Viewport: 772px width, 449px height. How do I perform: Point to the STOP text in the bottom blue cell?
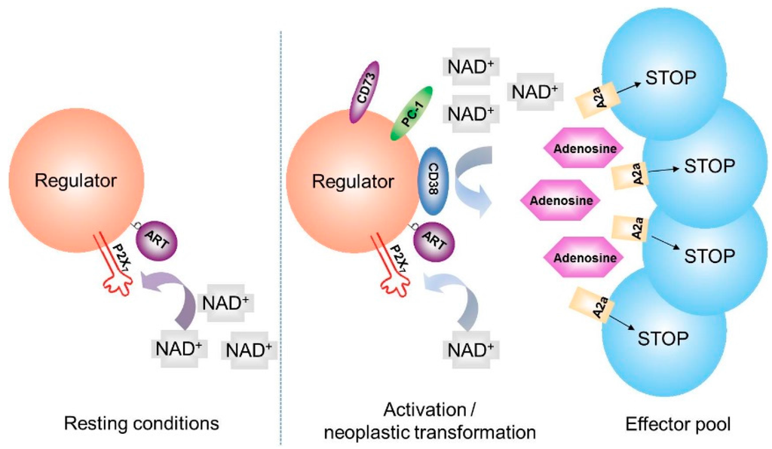click(x=663, y=338)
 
